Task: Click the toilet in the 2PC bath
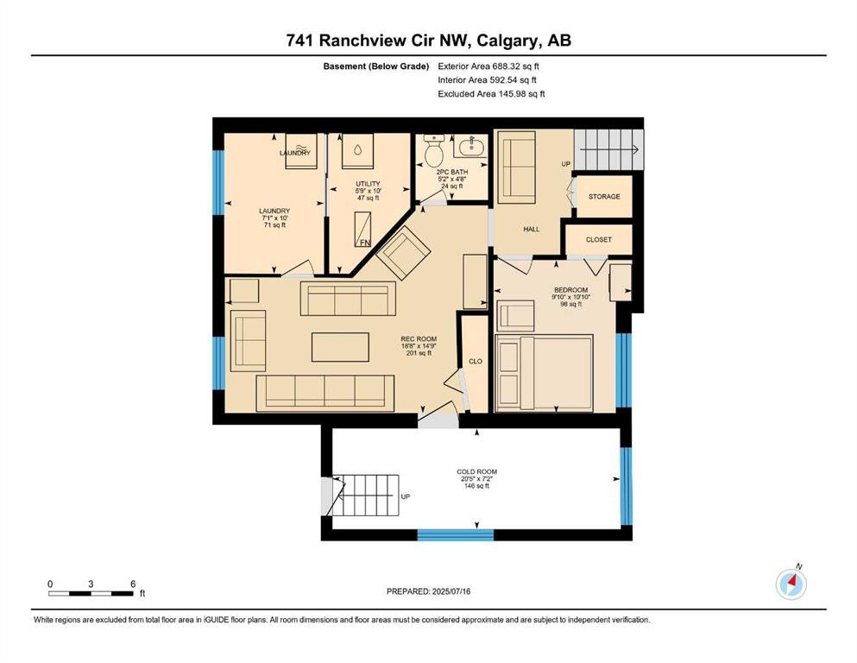coord(434,150)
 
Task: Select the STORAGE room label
coord(604,196)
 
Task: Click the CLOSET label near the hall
coord(598,239)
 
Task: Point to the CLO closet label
coord(476,361)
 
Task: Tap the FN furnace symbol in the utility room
coord(362,230)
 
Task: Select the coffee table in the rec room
coord(340,347)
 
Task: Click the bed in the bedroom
coord(544,373)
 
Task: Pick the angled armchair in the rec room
coord(403,253)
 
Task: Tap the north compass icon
coord(791,584)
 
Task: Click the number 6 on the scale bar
coord(133,584)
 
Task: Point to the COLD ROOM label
coord(476,471)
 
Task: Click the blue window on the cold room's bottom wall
coord(456,534)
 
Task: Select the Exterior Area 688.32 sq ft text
coord(488,66)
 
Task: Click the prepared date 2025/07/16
coord(451,591)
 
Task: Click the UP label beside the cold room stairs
coord(406,497)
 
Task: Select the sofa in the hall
coord(516,167)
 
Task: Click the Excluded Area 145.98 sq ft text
coord(491,93)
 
